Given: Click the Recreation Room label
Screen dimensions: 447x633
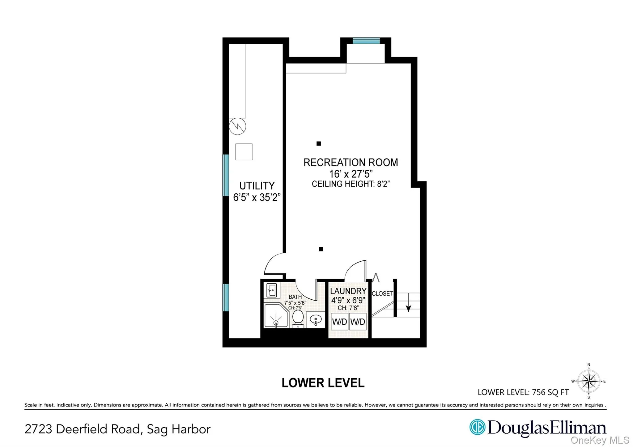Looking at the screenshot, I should coord(350,162).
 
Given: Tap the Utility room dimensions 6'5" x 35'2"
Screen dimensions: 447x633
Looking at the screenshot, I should coord(257,197).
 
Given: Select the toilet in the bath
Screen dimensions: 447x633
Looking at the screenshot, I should coord(298,318).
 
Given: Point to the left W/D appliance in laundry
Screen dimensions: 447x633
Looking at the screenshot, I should coord(339,322).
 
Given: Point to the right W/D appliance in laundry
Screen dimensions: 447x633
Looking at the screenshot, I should coord(358,322).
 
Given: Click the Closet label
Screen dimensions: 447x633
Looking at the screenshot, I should coord(382,293).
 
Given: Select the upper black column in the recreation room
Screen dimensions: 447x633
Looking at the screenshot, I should coord(319,143).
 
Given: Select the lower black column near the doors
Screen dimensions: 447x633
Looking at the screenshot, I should coord(321,249).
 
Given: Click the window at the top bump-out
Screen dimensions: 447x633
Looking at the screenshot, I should coord(366,41).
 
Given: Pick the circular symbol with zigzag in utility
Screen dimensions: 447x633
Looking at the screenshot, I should coord(237,126).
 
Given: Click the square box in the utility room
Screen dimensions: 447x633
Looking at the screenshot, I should coord(244,152).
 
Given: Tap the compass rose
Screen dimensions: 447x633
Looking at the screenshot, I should coord(589,381).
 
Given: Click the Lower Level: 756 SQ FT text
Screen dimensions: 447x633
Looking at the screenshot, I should coord(523,392).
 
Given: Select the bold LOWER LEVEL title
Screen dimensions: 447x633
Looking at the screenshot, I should coord(323,383).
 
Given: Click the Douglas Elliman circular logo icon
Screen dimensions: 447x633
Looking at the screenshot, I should coord(477,427).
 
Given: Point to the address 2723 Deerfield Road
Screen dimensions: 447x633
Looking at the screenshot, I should coord(117,429).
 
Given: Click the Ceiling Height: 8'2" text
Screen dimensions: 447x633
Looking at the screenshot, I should coord(350,184).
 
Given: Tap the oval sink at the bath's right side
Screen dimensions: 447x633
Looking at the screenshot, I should coord(316,319).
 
